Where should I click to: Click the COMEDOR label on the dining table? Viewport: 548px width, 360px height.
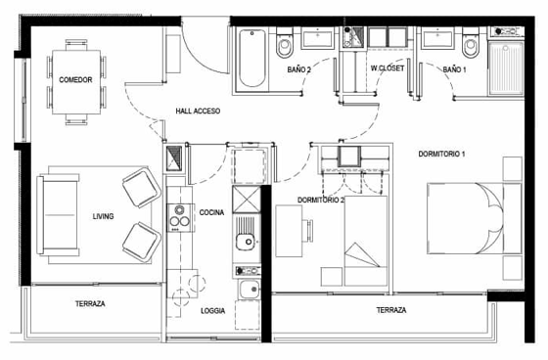pyautogui.click(x=75, y=79)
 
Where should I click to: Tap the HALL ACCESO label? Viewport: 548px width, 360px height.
pyautogui.click(x=198, y=112)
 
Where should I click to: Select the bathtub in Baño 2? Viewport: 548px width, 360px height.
pyautogui.click(x=251, y=58)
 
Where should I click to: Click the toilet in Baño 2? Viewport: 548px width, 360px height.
pyautogui.click(x=284, y=43)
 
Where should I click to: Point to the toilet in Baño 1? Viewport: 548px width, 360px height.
pyautogui.click(x=471, y=43)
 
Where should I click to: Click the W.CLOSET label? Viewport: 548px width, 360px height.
pyautogui.click(x=388, y=68)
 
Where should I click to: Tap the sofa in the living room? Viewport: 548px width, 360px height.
pyautogui.click(x=58, y=214)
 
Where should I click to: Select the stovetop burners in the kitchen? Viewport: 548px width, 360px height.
pyautogui.click(x=180, y=218)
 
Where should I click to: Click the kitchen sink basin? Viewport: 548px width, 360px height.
pyautogui.click(x=245, y=242)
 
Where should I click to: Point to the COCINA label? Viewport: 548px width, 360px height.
pyautogui.click(x=211, y=212)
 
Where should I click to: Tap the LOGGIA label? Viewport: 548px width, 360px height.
pyautogui.click(x=213, y=311)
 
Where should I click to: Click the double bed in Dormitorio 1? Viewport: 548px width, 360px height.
pyautogui.click(x=475, y=218)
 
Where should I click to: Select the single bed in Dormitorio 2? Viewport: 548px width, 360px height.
pyautogui.click(x=366, y=241)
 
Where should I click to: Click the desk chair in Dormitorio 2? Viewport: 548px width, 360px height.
pyautogui.click(x=308, y=231)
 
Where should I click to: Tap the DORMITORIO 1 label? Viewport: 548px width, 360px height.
pyautogui.click(x=441, y=154)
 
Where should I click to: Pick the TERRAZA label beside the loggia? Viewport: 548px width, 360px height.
pyautogui.click(x=90, y=303)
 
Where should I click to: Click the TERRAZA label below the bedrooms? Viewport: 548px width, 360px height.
pyautogui.click(x=391, y=310)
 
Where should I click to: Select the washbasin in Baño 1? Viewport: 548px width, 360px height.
pyautogui.click(x=437, y=39)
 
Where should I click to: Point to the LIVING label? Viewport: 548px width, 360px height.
pyautogui.click(x=103, y=216)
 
